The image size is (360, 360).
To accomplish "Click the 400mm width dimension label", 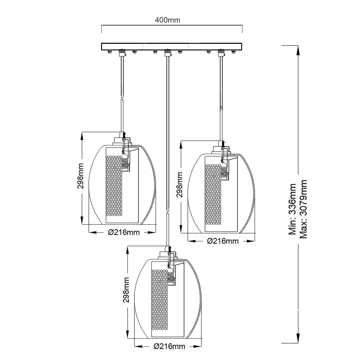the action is click(168, 20).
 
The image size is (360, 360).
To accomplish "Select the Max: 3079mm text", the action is click(303, 209).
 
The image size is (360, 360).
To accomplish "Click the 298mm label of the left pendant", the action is click(80, 176).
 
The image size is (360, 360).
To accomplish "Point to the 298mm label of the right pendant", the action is click(179, 184).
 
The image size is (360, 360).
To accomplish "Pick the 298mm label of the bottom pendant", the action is click(126, 290).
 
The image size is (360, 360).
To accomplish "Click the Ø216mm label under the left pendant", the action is click(124, 232).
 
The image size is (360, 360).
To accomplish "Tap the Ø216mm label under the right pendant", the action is click(223, 241).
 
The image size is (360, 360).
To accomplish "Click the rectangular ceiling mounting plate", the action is click(172, 46).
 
